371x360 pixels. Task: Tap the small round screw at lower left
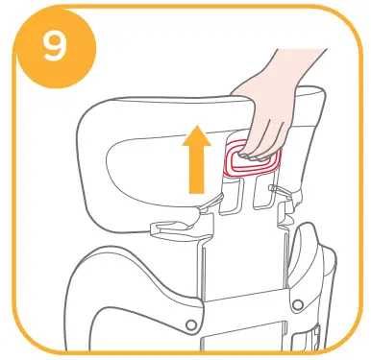click(x=192, y=324)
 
